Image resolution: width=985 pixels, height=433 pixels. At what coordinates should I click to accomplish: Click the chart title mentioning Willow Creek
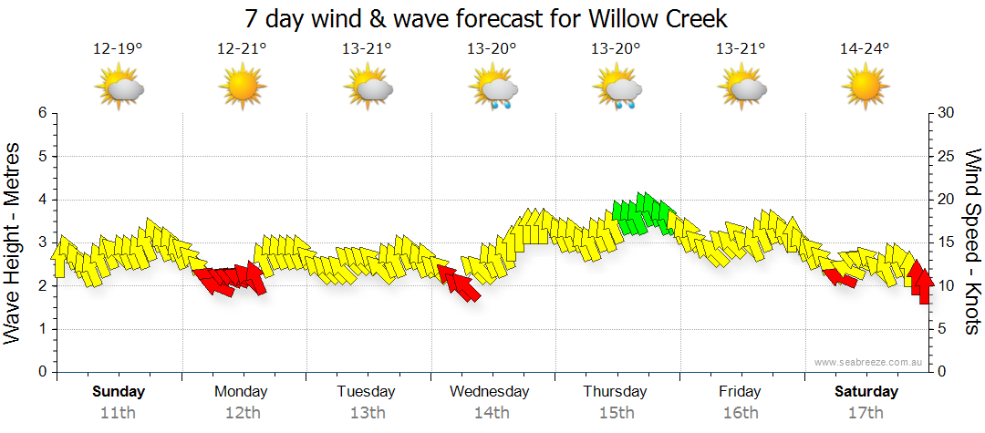(x=486, y=18)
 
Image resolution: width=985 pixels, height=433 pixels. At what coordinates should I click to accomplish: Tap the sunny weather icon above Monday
(x=242, y=89)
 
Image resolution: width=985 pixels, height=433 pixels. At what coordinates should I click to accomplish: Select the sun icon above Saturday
(x=865, y=89)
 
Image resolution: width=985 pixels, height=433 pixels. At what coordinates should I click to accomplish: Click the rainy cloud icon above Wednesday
(x=493, y=89)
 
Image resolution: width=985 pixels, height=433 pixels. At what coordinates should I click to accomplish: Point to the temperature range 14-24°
(x=865, y=48)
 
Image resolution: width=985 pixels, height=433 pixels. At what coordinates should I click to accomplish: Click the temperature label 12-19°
(x=118, y=48)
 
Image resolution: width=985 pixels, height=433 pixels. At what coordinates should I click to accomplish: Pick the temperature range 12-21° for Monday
(x=242, y=48)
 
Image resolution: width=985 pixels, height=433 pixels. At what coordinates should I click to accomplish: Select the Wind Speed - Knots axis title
(x=971, y=242)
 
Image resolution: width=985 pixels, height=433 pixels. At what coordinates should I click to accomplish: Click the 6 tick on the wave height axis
(x=41, y=113)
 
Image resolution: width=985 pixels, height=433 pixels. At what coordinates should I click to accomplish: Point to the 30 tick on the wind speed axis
(x=947, y=113)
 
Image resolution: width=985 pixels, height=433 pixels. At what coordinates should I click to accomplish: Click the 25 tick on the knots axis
(x=947, y=156)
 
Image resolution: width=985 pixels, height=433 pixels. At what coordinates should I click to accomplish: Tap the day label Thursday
(x=616, y=392)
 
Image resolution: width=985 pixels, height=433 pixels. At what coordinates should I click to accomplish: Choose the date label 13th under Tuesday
(x=366, y=413)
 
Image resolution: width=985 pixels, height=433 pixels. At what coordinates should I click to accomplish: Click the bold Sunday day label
(x=118, y=392)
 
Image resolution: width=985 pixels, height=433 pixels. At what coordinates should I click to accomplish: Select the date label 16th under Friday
(x=739, y=413)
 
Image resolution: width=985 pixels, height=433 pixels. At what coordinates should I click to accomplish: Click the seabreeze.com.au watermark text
(x=870, y=362)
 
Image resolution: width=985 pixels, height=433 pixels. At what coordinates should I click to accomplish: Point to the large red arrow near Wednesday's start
(x=460, y=282)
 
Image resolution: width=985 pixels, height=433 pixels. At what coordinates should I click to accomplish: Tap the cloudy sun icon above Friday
(x=742, y=89)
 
